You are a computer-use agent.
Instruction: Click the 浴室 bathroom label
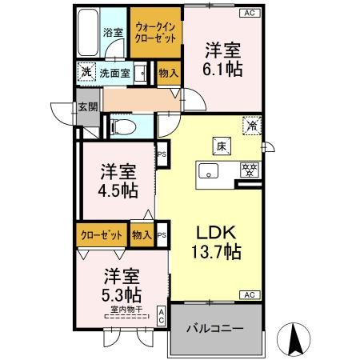[x=113, y=33]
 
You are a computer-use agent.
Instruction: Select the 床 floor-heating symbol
[x=218, y=146]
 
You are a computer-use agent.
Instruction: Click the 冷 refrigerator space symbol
[x=252, y=126]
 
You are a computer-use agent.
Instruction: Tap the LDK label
[x=215, y=233]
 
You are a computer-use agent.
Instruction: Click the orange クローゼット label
[x=102, y=235]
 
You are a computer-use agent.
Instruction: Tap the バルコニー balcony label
[x=215, y=329]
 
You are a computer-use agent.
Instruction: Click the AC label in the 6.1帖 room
[x=249, y=13]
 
